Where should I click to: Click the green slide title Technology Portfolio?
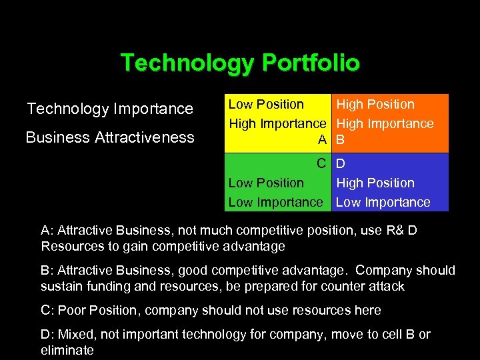pyautogui.click(x=240, y=63)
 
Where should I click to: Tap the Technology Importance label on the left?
pyautogui.click(x=110, y=109)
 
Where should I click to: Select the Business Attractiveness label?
pyautogui.click(x=110, y=138)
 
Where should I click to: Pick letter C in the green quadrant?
pyautogui.click(x=321, y=163)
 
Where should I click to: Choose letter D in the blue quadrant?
pyautogui.click(x=341, y=163)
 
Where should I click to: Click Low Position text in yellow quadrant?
pyautogui.click(x=266, y=105)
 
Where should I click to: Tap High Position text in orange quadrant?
pyautogui.click(x=375, y=105)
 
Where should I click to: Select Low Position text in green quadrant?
pyautogui.click(x=266, y=183)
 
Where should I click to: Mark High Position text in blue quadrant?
pyautogui.click(x=375, y=183)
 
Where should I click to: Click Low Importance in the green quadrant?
pyautogui.click(x=275, y=202)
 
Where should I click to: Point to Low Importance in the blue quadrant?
pyautogui.click(x=383, y=202)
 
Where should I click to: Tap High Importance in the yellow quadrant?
pyautogui.click(x=277, y=124)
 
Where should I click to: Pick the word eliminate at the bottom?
pyautogui.click(x=67, y=350)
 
